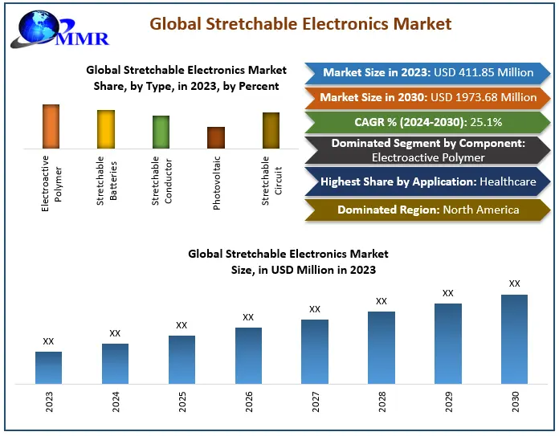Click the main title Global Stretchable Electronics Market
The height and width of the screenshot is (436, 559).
pos(300,24)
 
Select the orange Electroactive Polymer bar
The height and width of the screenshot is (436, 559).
pos(51,126)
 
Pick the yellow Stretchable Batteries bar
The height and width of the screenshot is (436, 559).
pos(106,129)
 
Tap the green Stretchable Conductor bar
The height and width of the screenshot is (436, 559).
pos(161,132)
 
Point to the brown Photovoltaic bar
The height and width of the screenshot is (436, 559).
pos(216,137)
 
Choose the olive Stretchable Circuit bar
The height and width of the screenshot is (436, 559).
pos(271,130)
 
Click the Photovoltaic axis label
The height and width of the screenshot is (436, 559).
pos(217,183)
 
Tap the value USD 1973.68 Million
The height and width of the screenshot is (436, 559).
pos(485,97)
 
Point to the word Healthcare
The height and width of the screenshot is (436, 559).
pos(508,181)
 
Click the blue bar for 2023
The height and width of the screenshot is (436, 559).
pos(49,368)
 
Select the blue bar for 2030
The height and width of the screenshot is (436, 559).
pos(514,339)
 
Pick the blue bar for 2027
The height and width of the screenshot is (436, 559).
pos(315,352)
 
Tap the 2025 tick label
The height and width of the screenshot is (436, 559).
pos(182,401)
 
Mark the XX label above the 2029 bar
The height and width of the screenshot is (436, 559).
pos(448,293)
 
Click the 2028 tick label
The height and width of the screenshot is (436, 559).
pos(382,401)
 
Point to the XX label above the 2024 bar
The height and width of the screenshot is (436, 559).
pos(115,333)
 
